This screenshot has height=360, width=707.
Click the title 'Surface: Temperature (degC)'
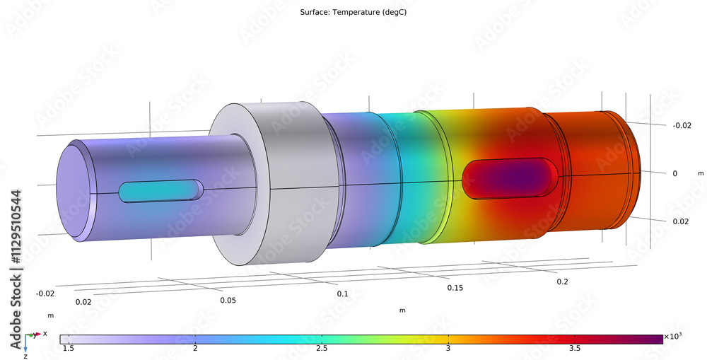coord(353,12)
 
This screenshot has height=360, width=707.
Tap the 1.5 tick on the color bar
coord(68,349)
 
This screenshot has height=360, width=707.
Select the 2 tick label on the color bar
coord(194,349)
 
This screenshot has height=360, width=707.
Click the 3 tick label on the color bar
coord(448,349)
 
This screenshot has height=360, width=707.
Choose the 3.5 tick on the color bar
coord(574,349)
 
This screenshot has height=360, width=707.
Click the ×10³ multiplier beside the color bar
coord(674,337)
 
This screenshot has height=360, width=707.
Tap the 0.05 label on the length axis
coord(228,300)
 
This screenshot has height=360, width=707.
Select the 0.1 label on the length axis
coord(342,293)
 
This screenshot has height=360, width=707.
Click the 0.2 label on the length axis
coord(562,281)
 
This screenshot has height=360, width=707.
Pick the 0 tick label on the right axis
coord(674,173)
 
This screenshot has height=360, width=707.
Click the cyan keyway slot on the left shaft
coord(160,191)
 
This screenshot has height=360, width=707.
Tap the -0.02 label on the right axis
coord(680,125)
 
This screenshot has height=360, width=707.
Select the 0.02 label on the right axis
coord(681,221)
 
